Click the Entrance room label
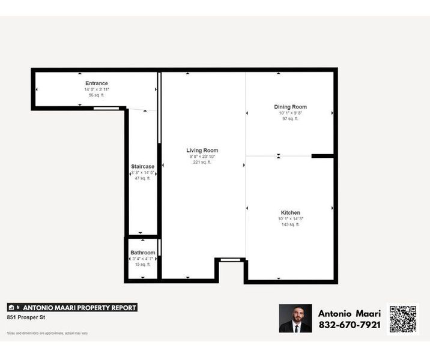(97, 83)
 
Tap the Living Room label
(202, 151)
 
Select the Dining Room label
(290, 107)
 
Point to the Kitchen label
(291, 213)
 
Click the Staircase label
(143, 166)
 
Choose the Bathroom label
(143, 253)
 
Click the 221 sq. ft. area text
(202, 162)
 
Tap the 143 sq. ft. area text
(291, 224)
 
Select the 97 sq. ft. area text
(290, 118)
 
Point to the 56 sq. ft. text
(97, 95)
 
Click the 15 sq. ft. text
(143, 264)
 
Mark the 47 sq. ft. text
(143, 178)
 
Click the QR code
(403, 319)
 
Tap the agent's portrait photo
(295, 319)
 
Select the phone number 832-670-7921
(349, 325)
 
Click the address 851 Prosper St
(26, 317)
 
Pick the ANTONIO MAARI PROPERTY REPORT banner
(72, 308)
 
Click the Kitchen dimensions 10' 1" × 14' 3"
(291, 219)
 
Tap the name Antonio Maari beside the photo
(349, 313)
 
